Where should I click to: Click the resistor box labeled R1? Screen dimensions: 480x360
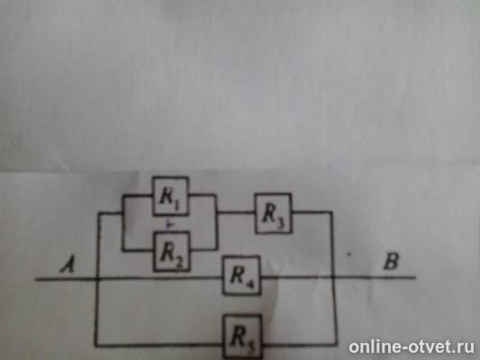(170, 196)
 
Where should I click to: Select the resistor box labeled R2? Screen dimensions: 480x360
(171, 251)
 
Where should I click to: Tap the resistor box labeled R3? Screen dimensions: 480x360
(273, 213)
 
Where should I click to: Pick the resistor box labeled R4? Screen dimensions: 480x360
(241, 275)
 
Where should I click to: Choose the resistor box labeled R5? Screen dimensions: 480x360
(242, 337)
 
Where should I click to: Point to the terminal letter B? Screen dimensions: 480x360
(391, 262)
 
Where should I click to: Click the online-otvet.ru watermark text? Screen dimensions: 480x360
(412, 346)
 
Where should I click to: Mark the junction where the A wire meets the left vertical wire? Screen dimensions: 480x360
(97, 278)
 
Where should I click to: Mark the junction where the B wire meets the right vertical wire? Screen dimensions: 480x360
(333, 277)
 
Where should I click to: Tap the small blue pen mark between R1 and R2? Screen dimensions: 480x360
(169, 224)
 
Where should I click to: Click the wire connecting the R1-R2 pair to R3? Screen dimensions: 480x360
(236, 212)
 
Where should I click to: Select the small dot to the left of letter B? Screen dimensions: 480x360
(348, 254)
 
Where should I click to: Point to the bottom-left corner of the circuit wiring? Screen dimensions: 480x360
(96, 346)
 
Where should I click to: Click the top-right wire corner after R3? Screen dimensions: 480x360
(331, 211)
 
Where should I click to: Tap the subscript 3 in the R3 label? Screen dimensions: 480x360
(281, 223)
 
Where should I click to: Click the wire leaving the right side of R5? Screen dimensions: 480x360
(299, 346)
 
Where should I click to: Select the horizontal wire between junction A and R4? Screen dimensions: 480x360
(159, 278)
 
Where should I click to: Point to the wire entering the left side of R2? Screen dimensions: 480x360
(138, 251)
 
